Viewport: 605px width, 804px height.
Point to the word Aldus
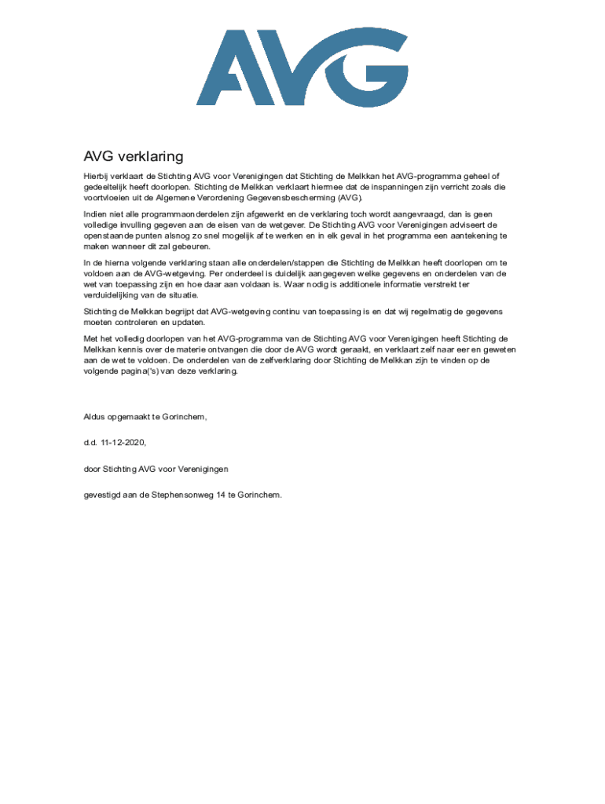coord(95,416)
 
